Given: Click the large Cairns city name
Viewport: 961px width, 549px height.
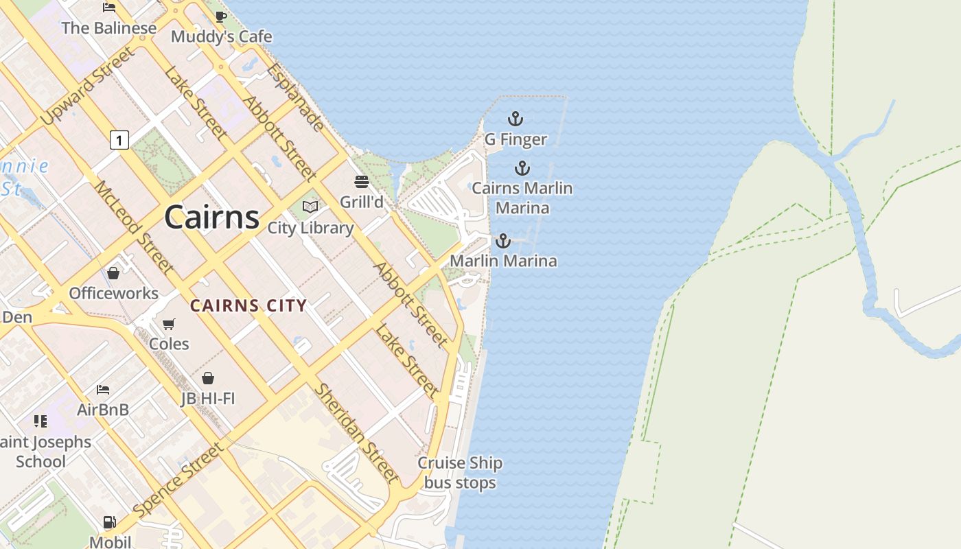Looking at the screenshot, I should pos(211,218).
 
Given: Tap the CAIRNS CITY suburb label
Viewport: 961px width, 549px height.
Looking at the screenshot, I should pos(248,306).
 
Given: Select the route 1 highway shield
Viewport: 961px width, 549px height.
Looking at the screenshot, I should pos(119,141).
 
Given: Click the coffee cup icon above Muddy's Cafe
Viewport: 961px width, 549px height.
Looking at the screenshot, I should pos(221,16).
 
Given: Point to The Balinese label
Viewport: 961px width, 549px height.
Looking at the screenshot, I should pos(109,28).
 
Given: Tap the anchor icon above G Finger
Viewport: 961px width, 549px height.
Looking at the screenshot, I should pos(516,119).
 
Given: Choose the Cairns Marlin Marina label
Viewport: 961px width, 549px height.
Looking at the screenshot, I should pos(522,198).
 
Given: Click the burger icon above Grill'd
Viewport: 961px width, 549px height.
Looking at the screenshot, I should pos(362,182).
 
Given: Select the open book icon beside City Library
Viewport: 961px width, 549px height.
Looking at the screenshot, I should pos(310,207).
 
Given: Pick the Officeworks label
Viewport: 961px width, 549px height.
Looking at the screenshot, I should pos(113,294).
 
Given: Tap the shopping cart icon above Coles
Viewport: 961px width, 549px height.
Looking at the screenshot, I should pos(169,324).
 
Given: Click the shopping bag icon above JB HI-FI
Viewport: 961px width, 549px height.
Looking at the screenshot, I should pos(208,378).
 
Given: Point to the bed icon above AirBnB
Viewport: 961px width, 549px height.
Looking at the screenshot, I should pos(103,390).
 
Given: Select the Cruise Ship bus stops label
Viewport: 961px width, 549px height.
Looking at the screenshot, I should pos(460,473).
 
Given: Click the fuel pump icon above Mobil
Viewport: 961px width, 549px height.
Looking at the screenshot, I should pos(109,523).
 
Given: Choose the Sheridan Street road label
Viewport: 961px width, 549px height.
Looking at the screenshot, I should pos(356,433).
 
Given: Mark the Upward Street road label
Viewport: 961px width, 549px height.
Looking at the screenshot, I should pos(86,86).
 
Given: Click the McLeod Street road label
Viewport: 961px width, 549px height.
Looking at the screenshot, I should pos(134,227).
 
